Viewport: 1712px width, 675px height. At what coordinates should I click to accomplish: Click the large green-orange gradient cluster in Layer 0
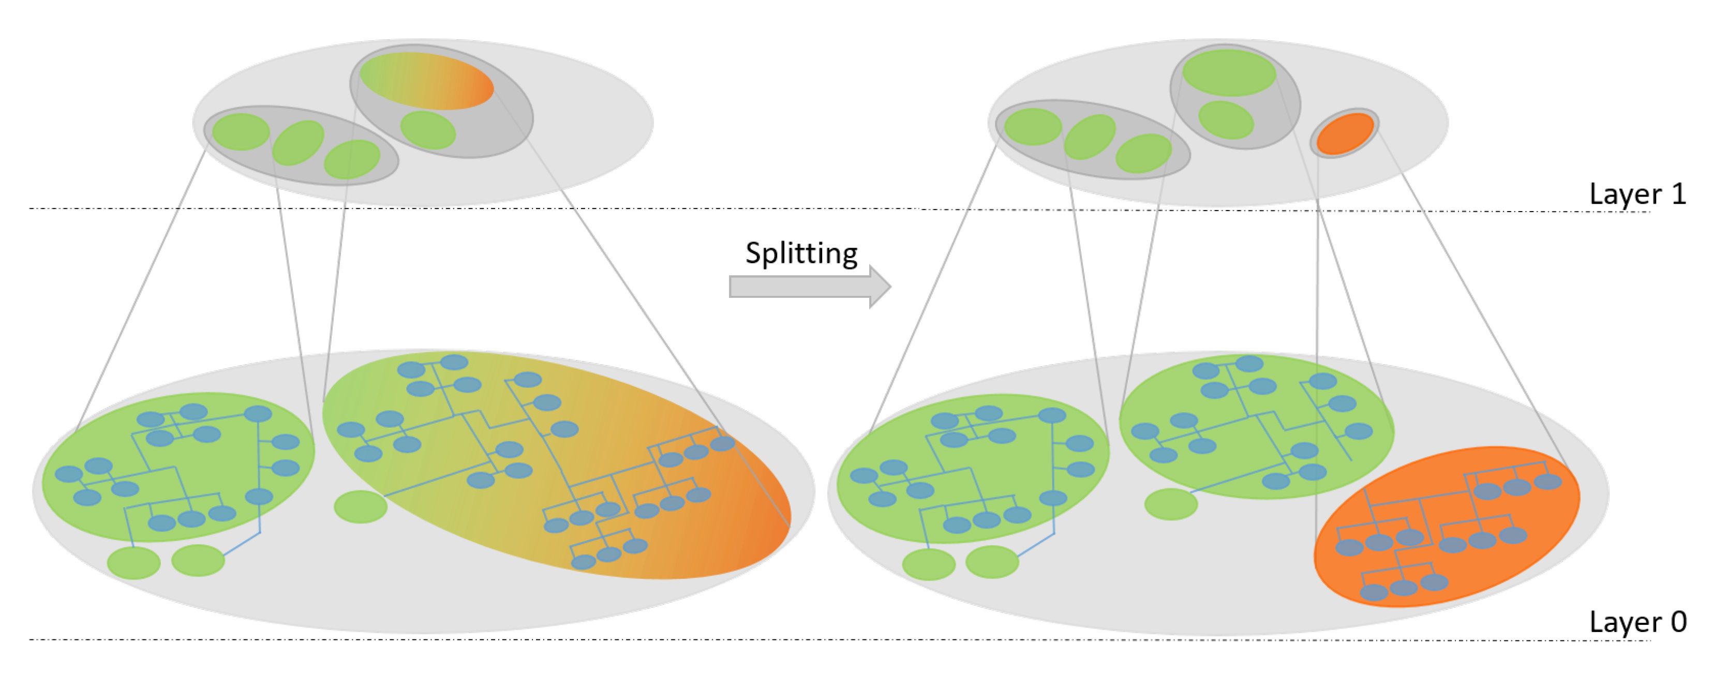(x=558, y=465)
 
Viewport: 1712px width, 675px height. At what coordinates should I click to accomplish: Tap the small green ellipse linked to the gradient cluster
(x=360, y=507)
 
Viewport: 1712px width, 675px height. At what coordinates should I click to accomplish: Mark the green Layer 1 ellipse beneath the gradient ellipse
(x=428, y=129)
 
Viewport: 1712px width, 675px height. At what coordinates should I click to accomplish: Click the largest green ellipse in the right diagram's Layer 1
(x=1229, y=72)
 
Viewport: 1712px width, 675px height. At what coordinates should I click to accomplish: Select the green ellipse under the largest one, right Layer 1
(x=1226, y=119)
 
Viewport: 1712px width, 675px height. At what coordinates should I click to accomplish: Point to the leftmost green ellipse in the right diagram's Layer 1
(x=1033, y=126)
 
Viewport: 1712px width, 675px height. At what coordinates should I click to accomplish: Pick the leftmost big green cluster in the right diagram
(x=972, y=469)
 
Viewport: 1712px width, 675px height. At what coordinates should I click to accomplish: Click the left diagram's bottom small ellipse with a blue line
(x=198, y=560)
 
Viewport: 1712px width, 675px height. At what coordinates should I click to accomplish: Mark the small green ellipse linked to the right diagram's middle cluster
(x=1171, y=504)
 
